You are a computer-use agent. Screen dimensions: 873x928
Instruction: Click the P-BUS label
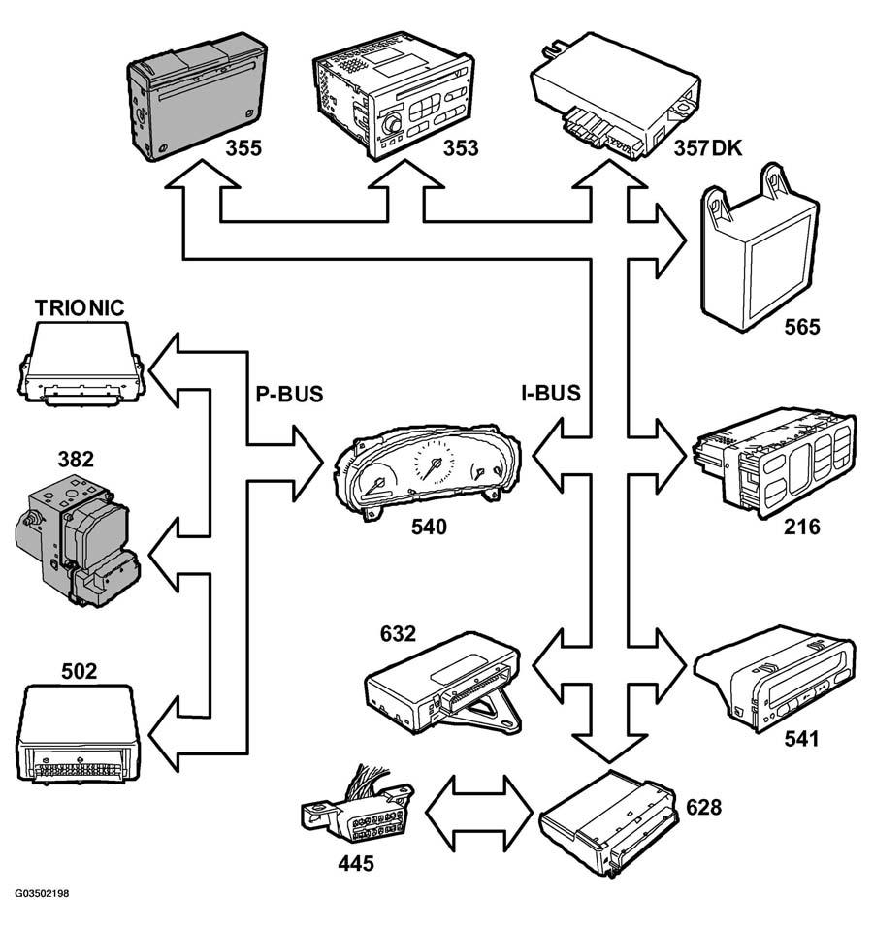tap(289, 394)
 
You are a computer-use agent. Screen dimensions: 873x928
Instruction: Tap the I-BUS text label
tap(551, 394)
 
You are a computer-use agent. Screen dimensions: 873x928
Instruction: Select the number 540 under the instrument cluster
tap(429, 527)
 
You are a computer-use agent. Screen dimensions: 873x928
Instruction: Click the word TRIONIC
tap(80, 307)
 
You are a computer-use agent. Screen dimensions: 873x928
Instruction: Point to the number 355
tap(243, 148)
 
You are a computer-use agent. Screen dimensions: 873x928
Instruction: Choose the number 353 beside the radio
tap(461, 148)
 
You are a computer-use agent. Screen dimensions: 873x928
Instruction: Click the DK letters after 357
tap(727, 148)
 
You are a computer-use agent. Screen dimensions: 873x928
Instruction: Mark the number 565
tap(802, 327)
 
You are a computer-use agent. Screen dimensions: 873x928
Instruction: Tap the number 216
tap(802, 527)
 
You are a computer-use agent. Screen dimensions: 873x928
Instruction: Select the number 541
tap(802, 739)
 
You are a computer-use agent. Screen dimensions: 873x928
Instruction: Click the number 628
tap(703, 807)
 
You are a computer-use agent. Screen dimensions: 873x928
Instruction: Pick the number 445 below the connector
tap(356, 863)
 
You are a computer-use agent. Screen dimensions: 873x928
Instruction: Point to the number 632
tap(398, 634)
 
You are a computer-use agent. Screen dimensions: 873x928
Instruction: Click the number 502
tap(80, 671)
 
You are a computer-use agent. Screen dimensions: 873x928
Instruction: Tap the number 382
tap(76, 460)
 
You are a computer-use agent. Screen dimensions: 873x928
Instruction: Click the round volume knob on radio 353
tap(391, 125)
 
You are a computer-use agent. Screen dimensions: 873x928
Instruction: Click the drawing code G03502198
tap(42, 893)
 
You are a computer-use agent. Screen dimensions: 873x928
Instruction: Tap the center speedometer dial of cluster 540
tap(435, 462)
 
